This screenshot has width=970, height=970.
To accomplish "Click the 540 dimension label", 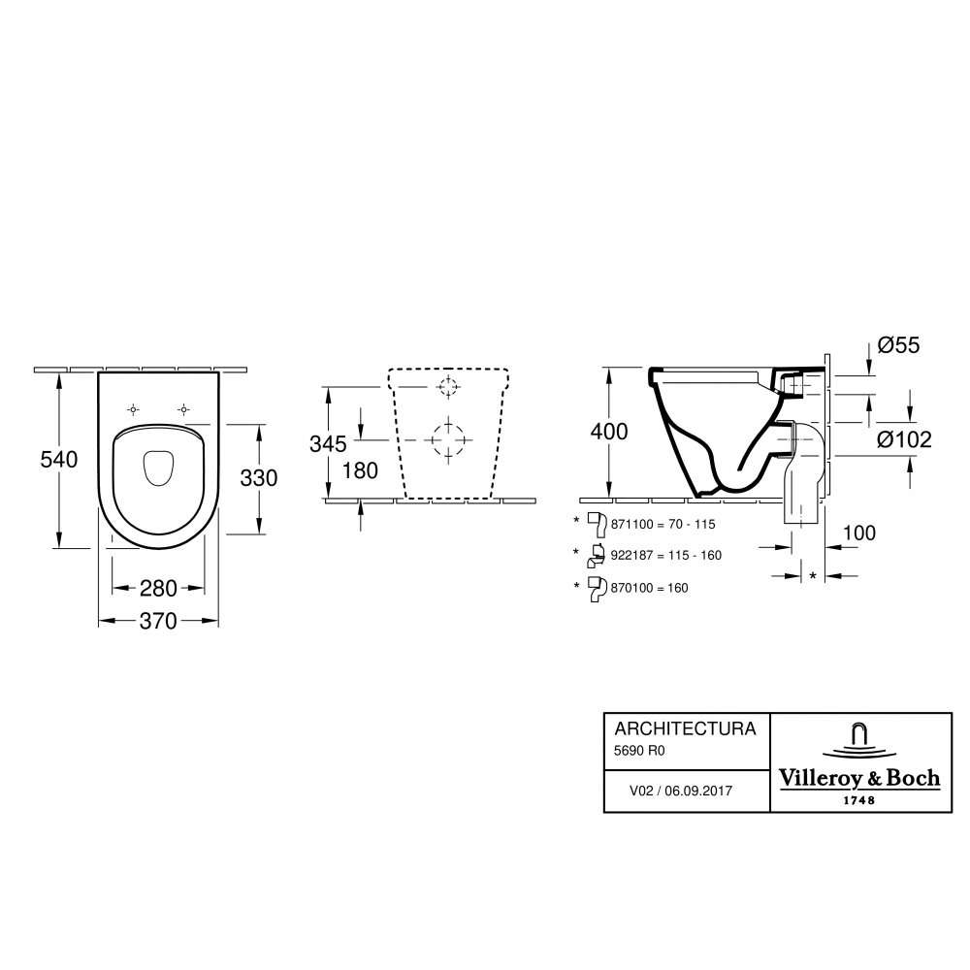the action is click(59, 460).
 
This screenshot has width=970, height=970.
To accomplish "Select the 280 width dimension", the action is click(158, 589).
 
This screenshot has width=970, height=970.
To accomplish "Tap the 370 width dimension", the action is click(158, 621).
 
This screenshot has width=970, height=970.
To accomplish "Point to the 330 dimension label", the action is click(259, 478).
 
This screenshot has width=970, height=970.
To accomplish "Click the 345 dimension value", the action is click(328, 443).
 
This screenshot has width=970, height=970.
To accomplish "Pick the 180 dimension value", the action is click(360, 470).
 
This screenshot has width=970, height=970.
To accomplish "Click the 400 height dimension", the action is click(609, 432).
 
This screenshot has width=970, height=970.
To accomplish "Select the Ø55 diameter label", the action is click(899, 345).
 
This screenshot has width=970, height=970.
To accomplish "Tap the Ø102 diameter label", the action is click(904, 439).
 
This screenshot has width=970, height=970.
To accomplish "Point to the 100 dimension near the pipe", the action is click(859, 533).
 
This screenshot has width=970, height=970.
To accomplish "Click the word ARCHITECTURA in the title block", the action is click(686, 728).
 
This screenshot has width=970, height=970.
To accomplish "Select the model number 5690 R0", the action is click(639, 751).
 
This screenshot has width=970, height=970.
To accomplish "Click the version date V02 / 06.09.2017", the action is click(681, 791).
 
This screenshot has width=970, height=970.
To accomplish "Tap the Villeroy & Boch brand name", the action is click(859, 778).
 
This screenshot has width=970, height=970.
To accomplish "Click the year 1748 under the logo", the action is click(859, 800).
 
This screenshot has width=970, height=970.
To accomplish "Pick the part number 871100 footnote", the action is click(631, 524).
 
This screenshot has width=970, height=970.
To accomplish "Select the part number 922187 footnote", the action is click(631, 556).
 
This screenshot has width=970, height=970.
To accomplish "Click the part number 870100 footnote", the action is click(631, 589).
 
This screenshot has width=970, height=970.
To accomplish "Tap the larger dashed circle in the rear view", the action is click(449, 439).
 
